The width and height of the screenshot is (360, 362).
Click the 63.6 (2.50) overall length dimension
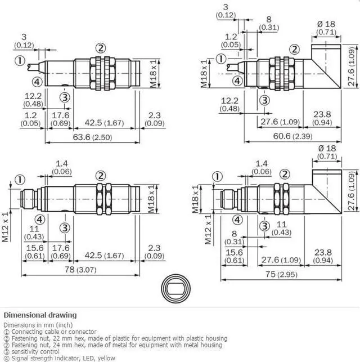point(92,137)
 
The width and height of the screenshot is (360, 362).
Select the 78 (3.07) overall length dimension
point(80,270)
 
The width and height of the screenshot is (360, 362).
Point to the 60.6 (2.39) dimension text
point(292,136)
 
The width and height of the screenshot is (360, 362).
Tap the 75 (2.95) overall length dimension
point(281,274)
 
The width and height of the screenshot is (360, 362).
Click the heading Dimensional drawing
point(40,315)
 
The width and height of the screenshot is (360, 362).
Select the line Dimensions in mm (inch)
point(38,325)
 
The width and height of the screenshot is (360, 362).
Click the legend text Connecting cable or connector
point(54,332)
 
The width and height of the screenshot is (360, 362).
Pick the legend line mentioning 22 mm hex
point(116,338)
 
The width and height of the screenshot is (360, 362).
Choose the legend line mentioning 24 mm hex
point(113,345)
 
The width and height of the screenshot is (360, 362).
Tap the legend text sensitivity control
point(35,352)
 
